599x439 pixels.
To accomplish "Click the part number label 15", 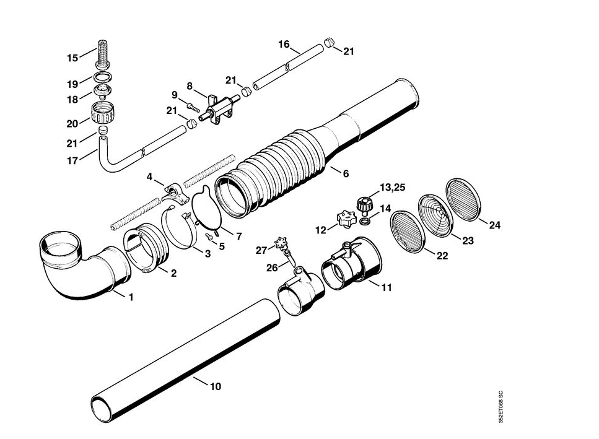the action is coord(72,58).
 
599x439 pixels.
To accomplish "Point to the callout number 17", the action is coord(72,161).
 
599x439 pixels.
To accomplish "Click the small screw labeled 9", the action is coord(194,106).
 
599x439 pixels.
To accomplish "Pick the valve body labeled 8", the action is coord(221,110).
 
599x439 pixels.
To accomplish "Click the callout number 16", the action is coord(284,45).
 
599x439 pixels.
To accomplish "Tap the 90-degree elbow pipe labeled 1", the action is coord(85,265).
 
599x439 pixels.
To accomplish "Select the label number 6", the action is coord(346,174).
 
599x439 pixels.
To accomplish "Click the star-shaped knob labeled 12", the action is coord(346,219).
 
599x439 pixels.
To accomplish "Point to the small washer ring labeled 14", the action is coord(365,222).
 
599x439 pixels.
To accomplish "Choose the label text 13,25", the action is coord(392,188).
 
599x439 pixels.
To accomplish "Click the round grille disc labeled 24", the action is coord(462,199).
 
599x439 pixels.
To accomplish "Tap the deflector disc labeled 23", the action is coord(435,214).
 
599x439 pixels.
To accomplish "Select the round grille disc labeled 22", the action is coord(407,232).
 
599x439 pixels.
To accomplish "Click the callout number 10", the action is coord(216,386).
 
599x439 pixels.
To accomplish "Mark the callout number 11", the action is coord(387,287).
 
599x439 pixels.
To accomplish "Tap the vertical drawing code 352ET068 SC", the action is coord(501,407).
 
